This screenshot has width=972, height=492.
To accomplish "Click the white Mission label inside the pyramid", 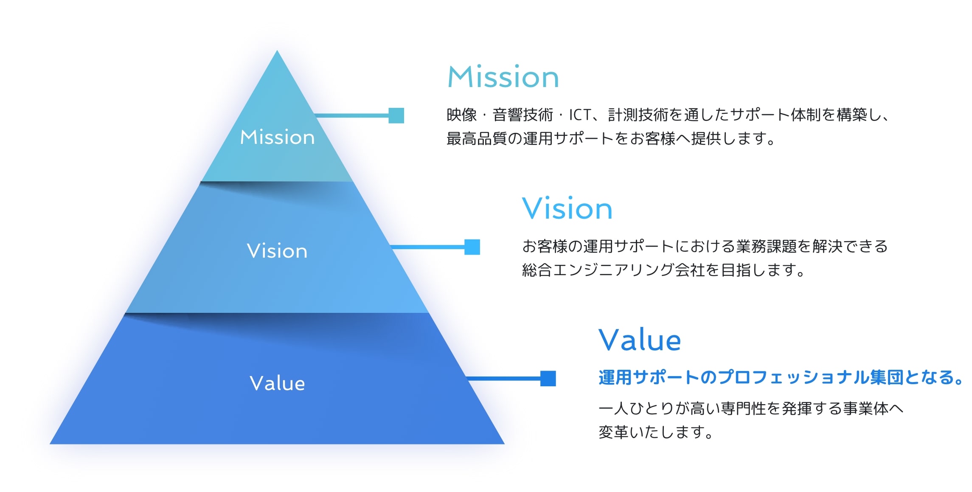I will coord(277,138).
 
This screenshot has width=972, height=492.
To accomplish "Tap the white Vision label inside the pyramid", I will coord(277,251).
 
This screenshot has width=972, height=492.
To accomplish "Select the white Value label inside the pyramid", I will coord(277,383).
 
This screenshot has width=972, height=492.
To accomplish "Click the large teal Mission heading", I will coord(503,77).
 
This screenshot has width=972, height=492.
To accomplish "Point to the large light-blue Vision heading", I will coord(567,209).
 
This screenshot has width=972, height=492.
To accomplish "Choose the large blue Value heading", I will coord(640,340).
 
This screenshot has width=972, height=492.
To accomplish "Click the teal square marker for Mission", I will coord(396,115).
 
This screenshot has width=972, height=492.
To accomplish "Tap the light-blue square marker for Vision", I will coord(472,247).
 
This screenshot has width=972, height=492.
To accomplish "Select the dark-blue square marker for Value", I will coord(548,379).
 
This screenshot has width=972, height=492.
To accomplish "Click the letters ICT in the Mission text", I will coord(580,115).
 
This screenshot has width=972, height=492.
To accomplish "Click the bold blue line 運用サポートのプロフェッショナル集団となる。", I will coord(780,377).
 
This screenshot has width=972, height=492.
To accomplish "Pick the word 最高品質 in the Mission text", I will coord(477,138).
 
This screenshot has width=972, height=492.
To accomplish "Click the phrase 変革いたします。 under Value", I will coord(656,432).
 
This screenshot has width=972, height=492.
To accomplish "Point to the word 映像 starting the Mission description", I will coord(462,115).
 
